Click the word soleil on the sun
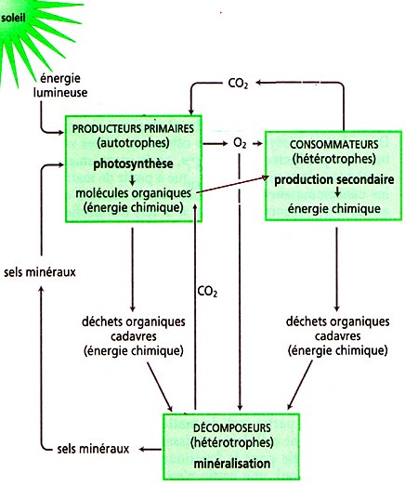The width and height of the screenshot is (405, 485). click(x=13, y=18)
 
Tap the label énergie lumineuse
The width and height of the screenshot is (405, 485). click(x=60, y=85)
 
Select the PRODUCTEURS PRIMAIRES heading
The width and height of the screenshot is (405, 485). click(x=133, y=128)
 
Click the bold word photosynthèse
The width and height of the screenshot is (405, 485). click(x=133, y=164)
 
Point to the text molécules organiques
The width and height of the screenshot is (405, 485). click(x=134, y=193)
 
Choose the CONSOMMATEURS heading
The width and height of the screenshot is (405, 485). click(x=334, y=144)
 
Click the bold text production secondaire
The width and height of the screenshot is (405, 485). click(x=334, y=179)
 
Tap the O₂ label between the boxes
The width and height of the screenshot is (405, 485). click(x=240, y=143)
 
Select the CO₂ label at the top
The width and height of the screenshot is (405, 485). click(x=238, y=84)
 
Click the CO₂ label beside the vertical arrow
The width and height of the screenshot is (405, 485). click(x=207, y=292)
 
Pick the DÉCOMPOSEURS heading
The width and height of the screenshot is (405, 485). click(x=232, y=428)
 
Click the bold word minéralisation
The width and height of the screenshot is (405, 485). click(x=232, y=464)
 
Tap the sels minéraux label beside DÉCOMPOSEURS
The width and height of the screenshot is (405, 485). click(x=93, y=449)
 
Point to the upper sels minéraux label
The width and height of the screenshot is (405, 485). click(x=40, y=272)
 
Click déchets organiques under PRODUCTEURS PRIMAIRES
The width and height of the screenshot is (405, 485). click(x=134, y=321)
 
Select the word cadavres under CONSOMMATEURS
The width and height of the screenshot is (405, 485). click(x=338, y=336)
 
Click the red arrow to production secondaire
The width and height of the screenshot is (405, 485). click(x=232, y=185)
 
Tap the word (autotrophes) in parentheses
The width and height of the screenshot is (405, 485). click(x=133, y=143)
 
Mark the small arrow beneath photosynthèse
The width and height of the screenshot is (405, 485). click(x=133, y=180)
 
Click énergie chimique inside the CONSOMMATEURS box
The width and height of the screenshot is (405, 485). click(x=334, y=208)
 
